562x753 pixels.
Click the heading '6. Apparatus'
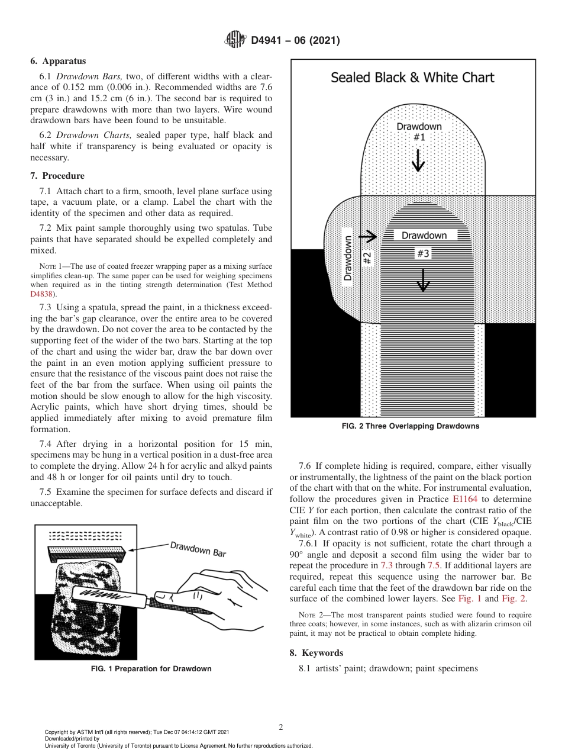(58, 61)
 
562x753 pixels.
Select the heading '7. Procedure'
(57, 176)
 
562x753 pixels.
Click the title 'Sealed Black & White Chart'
(412, 78)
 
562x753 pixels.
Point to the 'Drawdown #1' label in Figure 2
(419, 131)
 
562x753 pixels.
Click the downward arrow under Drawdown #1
(418, 160)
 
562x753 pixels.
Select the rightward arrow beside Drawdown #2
(367, 237)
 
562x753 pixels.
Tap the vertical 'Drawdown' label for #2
(348, 258)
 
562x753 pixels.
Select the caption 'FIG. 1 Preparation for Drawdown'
(151, 669)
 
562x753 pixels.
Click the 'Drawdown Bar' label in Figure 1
(198, 549)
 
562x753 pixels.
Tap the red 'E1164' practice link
(464, 499)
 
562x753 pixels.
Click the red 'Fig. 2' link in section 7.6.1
(513, 598)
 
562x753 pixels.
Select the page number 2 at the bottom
(281, 728)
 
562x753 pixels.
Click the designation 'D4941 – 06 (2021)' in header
(295, 41)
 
